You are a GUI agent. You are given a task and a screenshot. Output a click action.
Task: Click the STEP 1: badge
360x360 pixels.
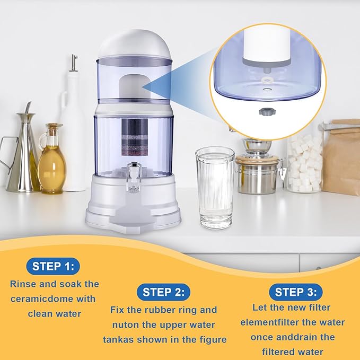pyautogui.click(x=55, y=266)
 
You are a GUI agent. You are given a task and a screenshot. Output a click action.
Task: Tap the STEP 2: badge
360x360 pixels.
pyautogui.click(x=164, y=292)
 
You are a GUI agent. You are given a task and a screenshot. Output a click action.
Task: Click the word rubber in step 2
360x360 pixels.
pyautogui.click(x=162, y=310)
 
